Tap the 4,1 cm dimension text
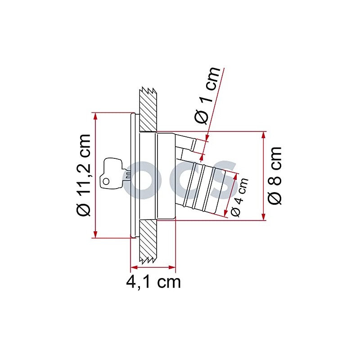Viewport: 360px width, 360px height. [x=153, y=282]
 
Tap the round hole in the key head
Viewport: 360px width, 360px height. [x=106, y=181]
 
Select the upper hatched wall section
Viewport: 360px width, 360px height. [x=148, y=108]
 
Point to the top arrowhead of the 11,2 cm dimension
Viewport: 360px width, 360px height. [x=95, y=115]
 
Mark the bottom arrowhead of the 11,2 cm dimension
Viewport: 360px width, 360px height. [x=95, y=234]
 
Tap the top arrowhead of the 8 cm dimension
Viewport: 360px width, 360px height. [x=263, y=135]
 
